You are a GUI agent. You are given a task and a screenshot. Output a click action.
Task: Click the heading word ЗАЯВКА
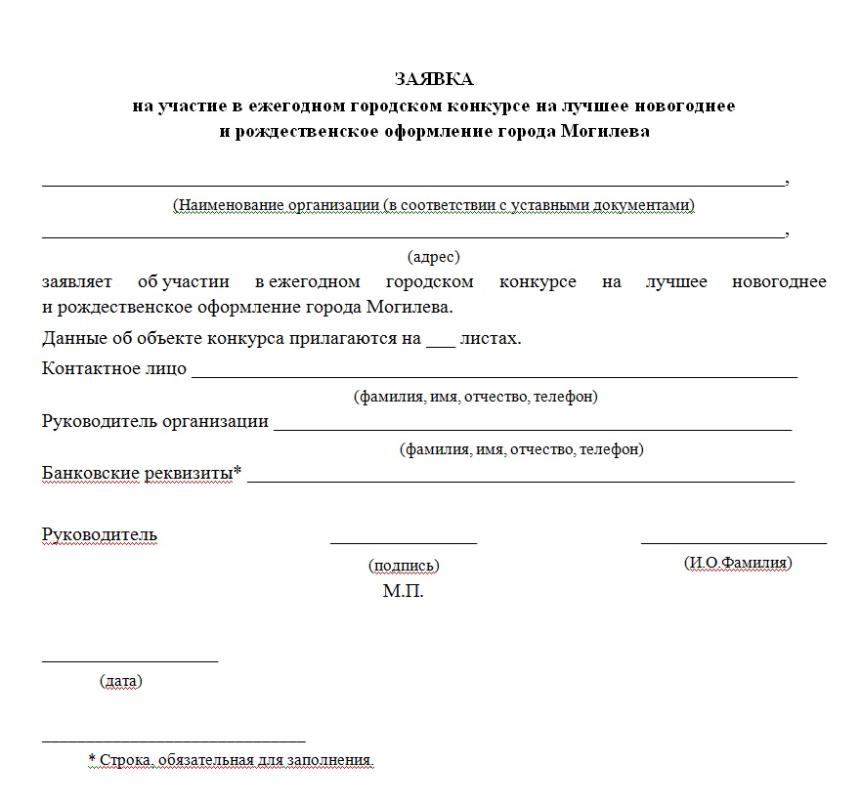[x=433, y=79]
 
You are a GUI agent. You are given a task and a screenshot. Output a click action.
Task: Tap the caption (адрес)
[x=433, y=257]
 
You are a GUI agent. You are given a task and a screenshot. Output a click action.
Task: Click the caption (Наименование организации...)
[x=433, y=205]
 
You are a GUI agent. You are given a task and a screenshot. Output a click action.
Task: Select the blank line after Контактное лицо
[x=494, y=375]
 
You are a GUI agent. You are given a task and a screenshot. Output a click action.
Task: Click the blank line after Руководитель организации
[x=533, y=428]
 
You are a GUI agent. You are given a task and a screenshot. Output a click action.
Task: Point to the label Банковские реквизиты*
[x=142, y=474]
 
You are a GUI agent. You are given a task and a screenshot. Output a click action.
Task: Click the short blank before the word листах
[x=442, y=345]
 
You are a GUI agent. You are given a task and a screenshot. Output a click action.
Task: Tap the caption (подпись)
[x=404, y=566]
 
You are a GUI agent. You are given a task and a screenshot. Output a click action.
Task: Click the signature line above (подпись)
[x=404, y=541]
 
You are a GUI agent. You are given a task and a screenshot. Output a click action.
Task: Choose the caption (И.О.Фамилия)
[x=738, y=563]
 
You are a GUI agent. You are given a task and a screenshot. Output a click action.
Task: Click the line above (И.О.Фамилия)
[x=733, y=541]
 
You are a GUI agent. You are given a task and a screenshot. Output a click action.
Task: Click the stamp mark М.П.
[x=404, y=592]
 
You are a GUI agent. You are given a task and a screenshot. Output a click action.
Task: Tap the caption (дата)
[x=121, y=681]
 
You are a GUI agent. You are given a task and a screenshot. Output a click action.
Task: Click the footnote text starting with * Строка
[x=232, y=759]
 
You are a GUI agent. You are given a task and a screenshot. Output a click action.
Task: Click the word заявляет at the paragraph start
[x=77, y=282]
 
